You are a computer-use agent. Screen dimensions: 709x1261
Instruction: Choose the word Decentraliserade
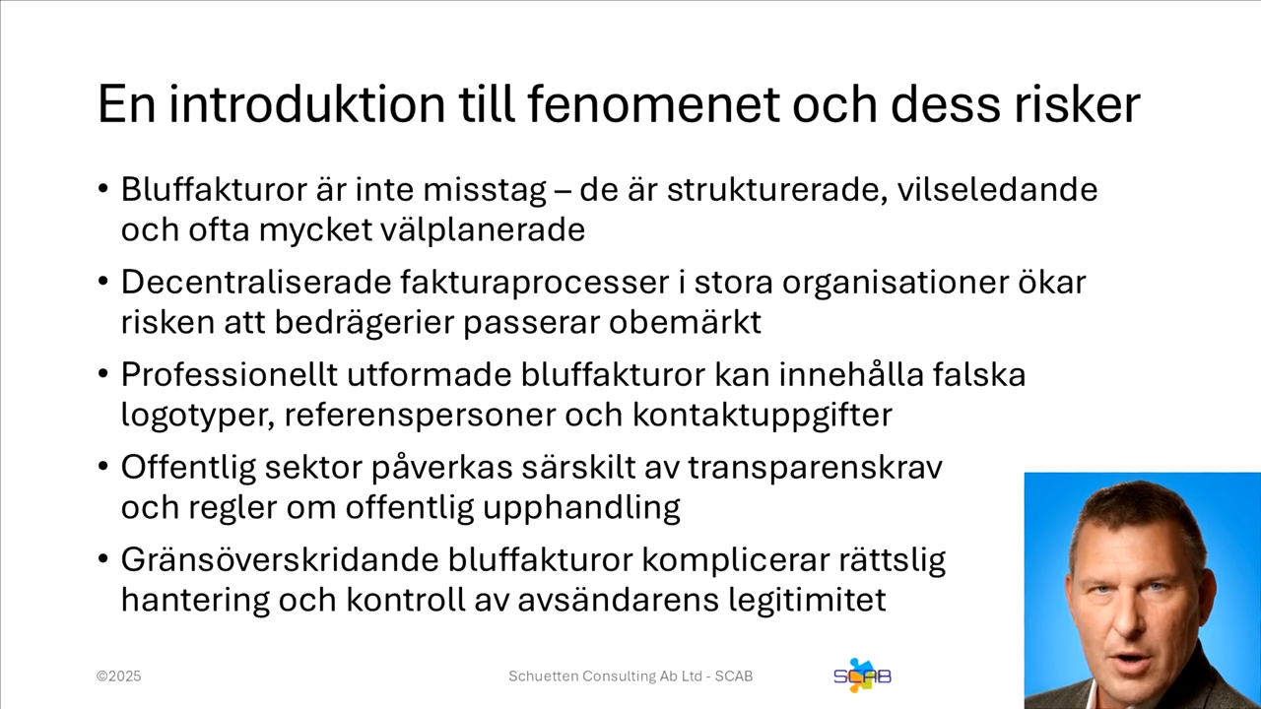coord(255,282)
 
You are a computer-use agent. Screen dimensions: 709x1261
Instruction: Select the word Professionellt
coord(229,374)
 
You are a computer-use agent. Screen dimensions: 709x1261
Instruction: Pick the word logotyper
coord(193,415)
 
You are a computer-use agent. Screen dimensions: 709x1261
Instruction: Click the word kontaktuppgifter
coord(762,415)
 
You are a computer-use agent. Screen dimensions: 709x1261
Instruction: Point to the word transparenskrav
coord(815,467)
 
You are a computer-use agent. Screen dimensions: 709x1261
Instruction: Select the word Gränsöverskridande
coord(279,559)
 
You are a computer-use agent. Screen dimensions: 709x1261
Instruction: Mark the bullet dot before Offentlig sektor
coord(103,467)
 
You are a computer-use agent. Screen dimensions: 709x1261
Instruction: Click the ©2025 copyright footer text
coord(119,677)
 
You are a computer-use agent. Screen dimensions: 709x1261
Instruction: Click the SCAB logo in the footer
coord(862,676)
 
